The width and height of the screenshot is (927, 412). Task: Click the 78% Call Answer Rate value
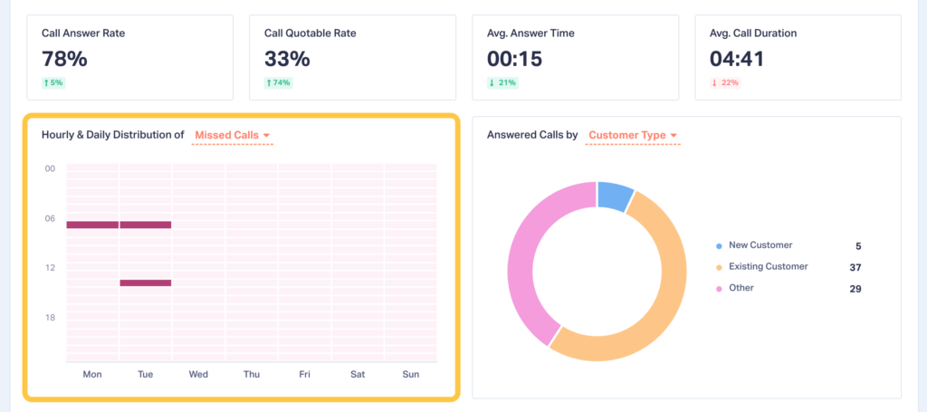point(64,59)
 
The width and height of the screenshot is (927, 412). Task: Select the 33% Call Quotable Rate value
point(287,59)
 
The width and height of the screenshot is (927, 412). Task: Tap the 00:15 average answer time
point(514,59)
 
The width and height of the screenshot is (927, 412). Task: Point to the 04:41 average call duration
point(738,59)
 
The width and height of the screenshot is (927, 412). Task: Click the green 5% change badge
point(53,83)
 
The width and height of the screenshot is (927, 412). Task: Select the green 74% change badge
point(277,83)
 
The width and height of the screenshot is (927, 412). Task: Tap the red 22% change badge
point(725,83)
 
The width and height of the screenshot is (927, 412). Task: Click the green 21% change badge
point(502,83)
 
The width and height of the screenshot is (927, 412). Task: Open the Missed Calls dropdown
point(233,136)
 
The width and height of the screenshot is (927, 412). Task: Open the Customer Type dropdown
point(633,136)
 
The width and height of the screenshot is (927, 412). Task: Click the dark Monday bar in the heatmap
point(92,225)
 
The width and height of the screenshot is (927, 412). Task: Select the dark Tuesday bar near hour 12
point(146,283)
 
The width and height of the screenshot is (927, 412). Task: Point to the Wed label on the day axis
point(198,374)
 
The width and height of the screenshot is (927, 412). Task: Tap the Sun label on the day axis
point(410,374)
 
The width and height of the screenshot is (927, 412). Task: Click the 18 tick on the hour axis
point(51,318)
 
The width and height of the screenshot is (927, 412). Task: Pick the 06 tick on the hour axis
point(51,218)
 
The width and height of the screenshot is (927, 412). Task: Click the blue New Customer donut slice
point(616,195)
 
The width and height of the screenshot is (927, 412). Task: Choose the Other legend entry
point(741,288)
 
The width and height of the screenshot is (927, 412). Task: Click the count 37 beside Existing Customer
point(855,267)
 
